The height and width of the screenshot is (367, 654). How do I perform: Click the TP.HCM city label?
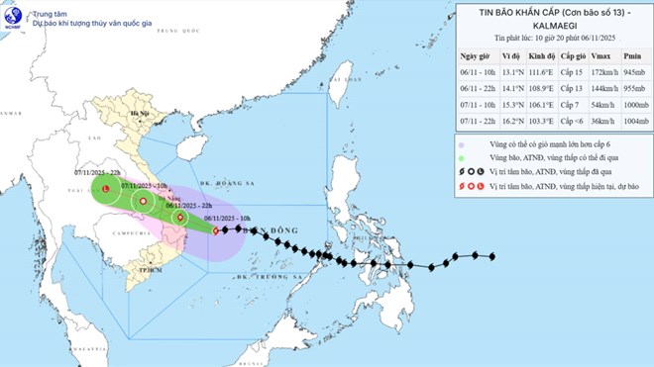(150, 269)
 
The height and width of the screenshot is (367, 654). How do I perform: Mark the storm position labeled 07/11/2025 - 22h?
(106, 188)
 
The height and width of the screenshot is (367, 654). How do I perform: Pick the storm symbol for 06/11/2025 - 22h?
(179, 219)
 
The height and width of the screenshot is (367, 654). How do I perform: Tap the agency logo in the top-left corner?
(13, 14)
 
